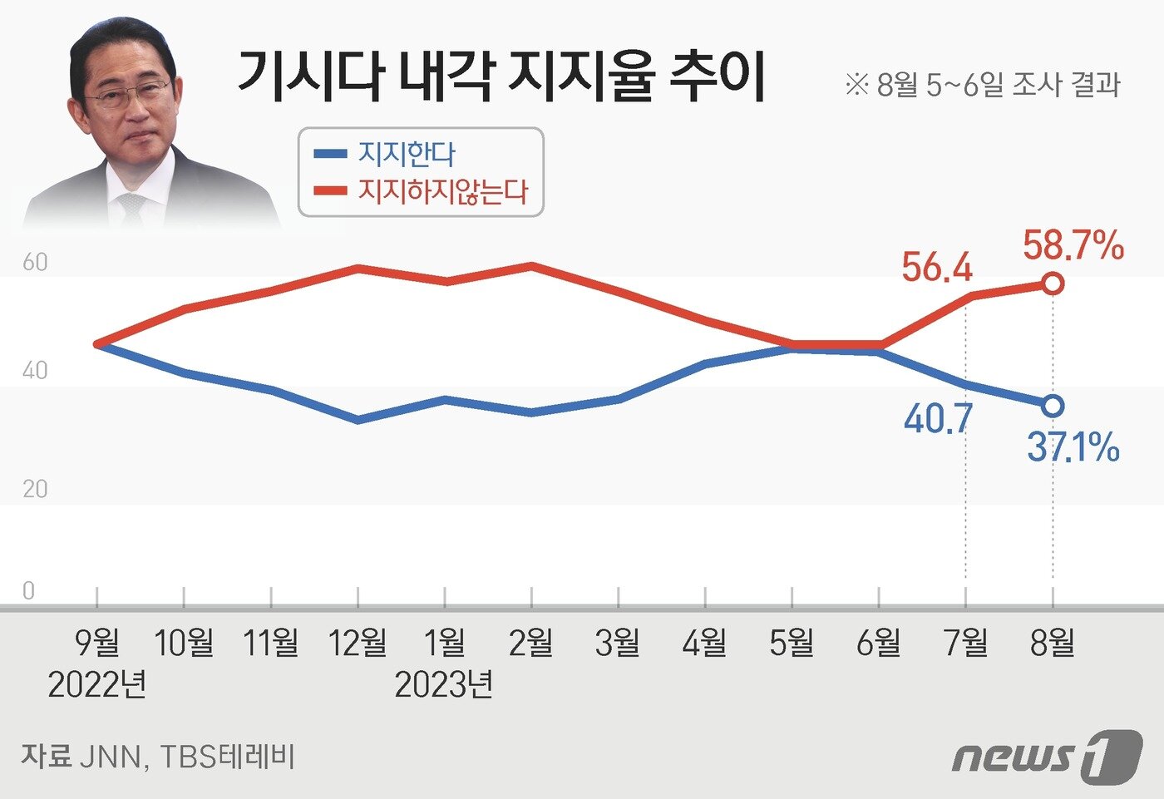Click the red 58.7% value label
[x=1073, y=246]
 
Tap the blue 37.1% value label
[x=1073, y=447]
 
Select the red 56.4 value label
[x=937, y=268]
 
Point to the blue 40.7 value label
[x=938, y=418]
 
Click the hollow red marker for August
[x=1053, y=284]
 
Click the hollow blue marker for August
[x=1053, y=406]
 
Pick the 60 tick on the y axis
[x=35, y=263]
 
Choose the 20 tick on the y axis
[x=35, y=489]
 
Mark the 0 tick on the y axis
[x=29, y=591]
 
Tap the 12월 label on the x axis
[x=358, y=643]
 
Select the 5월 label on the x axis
[x=792, y=643]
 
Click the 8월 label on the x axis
[x=1053, y=643]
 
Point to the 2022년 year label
[x=97, y=685]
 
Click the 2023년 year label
[x=444, y=685]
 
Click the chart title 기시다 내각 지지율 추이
[x=501, y=76]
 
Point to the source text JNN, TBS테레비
[x=158, y=757]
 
